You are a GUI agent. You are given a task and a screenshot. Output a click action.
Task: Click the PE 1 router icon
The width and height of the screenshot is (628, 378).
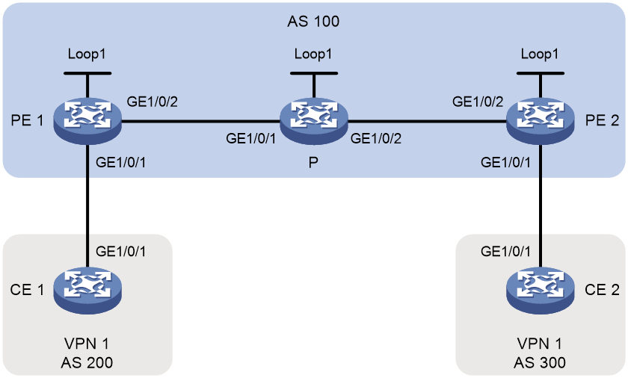[87, 121]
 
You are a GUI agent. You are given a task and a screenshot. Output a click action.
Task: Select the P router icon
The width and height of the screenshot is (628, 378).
[314, 121]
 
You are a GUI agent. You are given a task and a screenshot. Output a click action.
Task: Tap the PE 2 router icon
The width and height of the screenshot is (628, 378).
[541, 121]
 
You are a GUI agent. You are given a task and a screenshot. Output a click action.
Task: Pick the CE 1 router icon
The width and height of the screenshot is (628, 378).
[87, 291]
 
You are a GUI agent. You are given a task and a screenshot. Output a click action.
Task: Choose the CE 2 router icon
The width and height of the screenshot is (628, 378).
[541, 291]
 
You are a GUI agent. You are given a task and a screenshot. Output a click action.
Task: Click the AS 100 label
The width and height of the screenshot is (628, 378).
[313, 21]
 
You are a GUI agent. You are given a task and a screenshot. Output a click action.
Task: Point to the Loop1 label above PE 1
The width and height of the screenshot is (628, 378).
[87, 54]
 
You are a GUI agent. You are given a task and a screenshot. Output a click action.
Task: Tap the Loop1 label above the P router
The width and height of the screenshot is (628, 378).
[313, 54]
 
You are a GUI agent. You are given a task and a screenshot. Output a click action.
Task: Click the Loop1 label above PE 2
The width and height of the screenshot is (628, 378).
[540, 54]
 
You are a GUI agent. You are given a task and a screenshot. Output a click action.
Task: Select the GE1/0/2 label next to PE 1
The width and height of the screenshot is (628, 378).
[153, 102]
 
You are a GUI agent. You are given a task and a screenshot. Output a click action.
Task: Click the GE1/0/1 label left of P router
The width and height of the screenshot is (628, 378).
[250, 138]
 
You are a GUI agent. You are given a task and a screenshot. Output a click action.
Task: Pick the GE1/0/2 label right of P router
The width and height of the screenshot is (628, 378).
[375, 138]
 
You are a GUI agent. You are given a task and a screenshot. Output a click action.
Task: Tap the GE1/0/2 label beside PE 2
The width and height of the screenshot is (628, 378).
[478, 102]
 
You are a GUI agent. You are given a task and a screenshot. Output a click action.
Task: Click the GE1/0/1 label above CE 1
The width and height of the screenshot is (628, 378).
[120, 251]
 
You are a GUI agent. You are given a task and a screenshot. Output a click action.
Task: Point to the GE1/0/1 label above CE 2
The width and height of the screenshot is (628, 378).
[505, 251]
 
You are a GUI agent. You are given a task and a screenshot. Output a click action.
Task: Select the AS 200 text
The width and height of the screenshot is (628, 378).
[87, 362]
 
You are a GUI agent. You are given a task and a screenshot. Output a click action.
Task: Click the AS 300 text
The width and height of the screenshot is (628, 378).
[540, 362]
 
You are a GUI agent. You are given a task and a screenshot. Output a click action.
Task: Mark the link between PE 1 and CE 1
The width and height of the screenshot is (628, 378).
[87, 206]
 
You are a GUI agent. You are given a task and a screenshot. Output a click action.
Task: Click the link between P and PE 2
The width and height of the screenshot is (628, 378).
[427, 121]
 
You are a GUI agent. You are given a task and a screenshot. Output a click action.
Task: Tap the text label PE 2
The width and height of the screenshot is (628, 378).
[602, 120]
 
